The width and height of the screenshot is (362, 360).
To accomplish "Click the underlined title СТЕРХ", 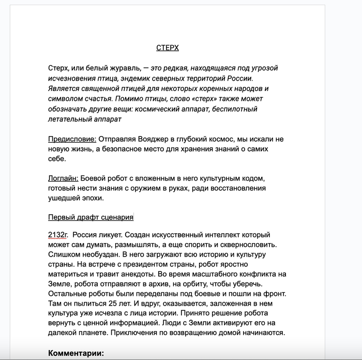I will coord(168,48).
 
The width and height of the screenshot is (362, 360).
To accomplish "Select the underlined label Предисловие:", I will coord(72,139).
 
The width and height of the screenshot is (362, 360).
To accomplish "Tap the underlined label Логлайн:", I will coord(63,178).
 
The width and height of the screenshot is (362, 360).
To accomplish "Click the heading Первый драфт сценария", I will coord(90,217).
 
